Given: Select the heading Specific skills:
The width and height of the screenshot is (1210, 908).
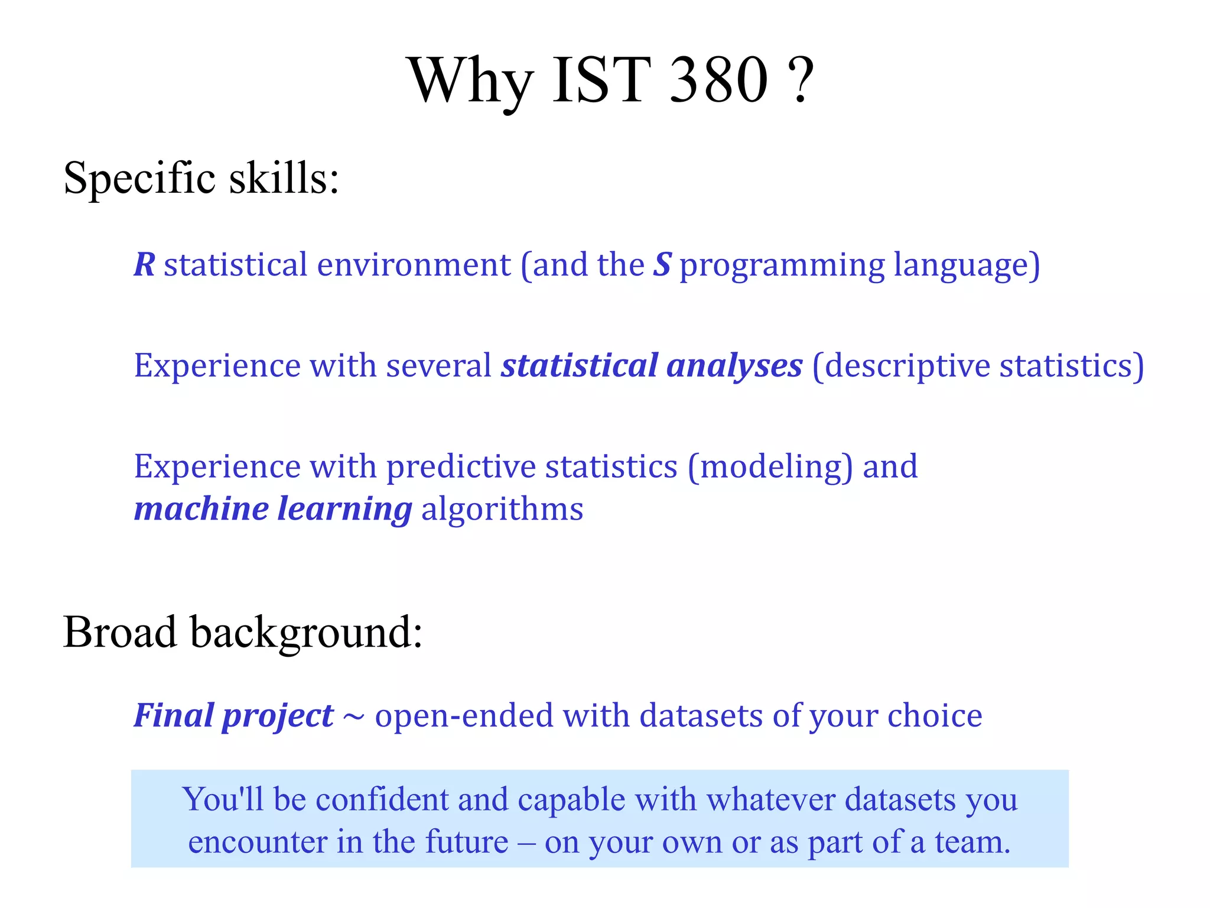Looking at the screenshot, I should (x=201, y=177).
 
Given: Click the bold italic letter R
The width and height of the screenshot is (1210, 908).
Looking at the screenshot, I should (x=144, y=264).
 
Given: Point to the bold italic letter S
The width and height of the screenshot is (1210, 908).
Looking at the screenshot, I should (x=662, y=264).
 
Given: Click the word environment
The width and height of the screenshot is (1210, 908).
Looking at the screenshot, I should (x=414, y=265).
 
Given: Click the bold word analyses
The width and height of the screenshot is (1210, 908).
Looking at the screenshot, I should (x=734, y=366).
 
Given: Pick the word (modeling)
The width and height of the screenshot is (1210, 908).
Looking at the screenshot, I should (x=770, y=467).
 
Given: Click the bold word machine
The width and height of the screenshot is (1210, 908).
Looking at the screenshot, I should (x=201, y=509).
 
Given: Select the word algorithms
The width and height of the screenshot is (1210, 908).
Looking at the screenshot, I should (x=502, y=510).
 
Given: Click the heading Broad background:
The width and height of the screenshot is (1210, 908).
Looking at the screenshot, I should (x=242, y=633).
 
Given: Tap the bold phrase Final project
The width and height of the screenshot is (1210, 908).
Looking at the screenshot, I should (x=233, y=716).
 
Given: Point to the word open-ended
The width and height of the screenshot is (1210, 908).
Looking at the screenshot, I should (x=463, y=716).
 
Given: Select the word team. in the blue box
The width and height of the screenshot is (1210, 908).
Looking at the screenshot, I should (x=972, y=842).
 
